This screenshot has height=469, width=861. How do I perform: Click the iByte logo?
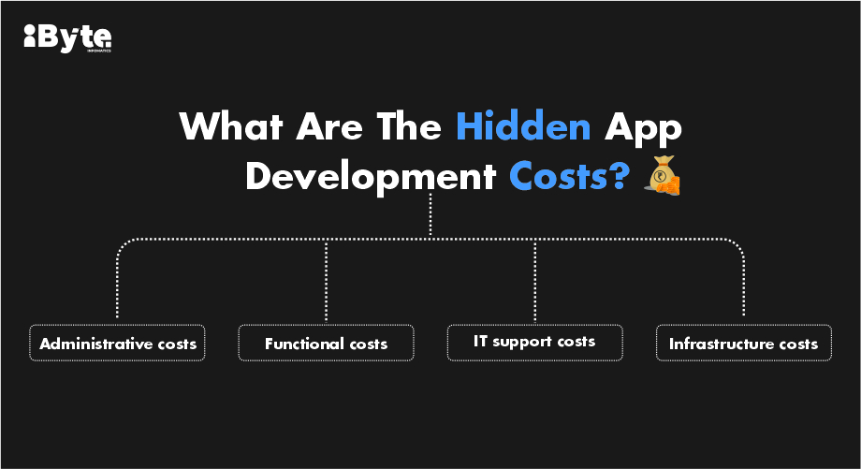point(67,38)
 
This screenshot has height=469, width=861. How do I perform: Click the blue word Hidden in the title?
point(523,126)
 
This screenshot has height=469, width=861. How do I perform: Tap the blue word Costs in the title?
point(569,176)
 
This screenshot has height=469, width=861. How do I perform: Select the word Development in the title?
point(372,176)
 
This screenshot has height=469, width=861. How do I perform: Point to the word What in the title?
point(230,126)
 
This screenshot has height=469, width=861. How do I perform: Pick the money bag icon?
point(663,175)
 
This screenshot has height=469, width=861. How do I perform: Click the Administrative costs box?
point(117,343)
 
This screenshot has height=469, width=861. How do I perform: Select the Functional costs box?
point(327,343)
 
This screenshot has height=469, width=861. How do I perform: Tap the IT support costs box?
point(534,343)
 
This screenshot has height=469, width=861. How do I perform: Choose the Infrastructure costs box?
point(744,343)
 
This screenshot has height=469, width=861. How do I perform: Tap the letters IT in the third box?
point(480,341)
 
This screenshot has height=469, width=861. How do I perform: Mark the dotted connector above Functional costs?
point(327,280)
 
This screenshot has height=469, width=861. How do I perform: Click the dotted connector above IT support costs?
point(534,280)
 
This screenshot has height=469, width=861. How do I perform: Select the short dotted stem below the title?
point(430,216)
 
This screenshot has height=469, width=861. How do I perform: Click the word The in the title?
point(409,126)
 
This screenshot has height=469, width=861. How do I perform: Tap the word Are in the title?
point(329,126)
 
